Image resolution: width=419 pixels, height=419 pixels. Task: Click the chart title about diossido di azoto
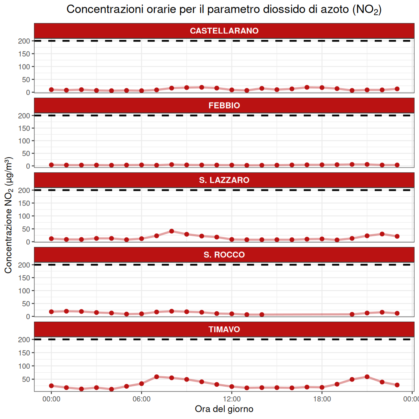point(224,10)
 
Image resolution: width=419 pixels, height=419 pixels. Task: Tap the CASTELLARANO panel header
point(224,31)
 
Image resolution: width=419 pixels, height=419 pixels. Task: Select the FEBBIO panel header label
point(224,106)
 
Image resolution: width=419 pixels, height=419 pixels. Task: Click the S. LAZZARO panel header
point(224,180)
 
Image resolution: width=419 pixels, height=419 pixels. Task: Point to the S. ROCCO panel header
point(224,255)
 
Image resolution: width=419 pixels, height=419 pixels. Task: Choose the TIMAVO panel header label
point(224,329)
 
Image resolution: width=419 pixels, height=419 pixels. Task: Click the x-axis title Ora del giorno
point(224,409)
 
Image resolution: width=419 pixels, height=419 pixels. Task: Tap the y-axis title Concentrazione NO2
point(8,215)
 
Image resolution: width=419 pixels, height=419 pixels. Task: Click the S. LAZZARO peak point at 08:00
point(172,231)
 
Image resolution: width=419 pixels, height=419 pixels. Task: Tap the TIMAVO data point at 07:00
point(156,377)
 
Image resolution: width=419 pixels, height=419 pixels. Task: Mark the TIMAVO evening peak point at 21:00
point(367,377)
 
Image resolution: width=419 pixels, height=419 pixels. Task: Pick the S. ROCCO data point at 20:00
point(352,314)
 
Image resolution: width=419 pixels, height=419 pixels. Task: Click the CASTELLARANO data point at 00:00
point(51,89)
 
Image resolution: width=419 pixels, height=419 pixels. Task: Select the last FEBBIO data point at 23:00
point(397,165)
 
